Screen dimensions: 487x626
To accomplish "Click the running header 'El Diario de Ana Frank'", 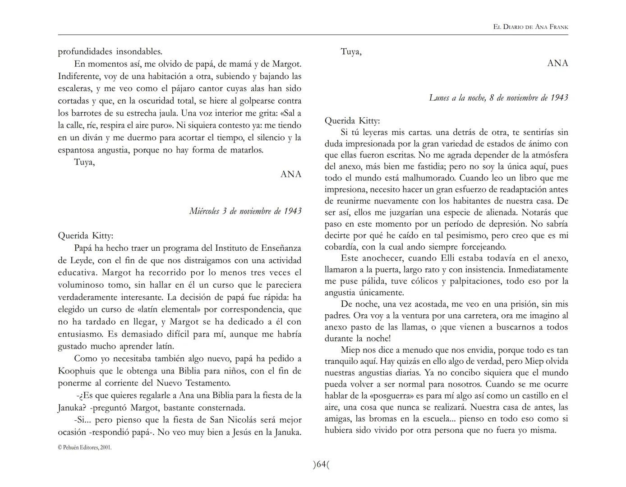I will click(530, 27).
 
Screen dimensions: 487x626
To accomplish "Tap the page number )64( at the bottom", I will click(321, 464).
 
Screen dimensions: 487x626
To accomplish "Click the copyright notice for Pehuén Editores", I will click(85, 448).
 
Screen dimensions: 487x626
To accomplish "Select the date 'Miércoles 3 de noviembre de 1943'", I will click(245, 211).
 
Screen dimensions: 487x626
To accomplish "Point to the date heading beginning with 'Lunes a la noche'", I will click(498, 98).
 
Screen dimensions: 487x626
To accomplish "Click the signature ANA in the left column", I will click(291, 175).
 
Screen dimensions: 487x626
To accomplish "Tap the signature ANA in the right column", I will click(557, 64).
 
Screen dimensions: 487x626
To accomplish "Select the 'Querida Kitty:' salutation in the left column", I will click(86, 236).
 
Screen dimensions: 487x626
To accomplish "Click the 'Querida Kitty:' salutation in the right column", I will click(352, 121).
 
